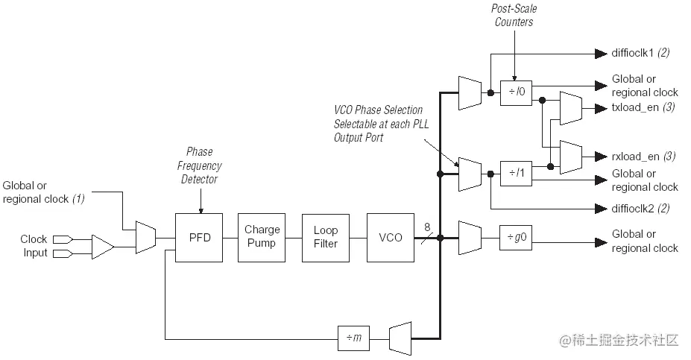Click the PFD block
click(198, 237)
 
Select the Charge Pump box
click(261, 237)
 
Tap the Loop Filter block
click(325, 237)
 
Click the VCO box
click(390, 237)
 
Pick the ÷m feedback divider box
click(354, 338)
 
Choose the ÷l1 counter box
click(517, 174)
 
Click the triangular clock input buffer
click(102, 246)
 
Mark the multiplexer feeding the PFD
click(145, 237)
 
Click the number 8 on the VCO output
click(427, 227)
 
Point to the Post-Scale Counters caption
click(514, 16)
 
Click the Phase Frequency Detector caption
click(203, 165)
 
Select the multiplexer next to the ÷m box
click(400, 338)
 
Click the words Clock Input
click(34, 246)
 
